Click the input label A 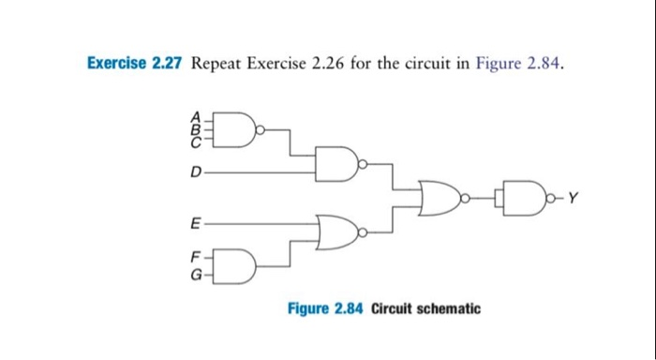pyautogui.click(x=195, y=118)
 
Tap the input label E pyautogui.click(x=195, y=225)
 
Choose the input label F pyautogui.click(x=195, y=256)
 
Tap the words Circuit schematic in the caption pyautogui.click(x=425, y=308)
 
